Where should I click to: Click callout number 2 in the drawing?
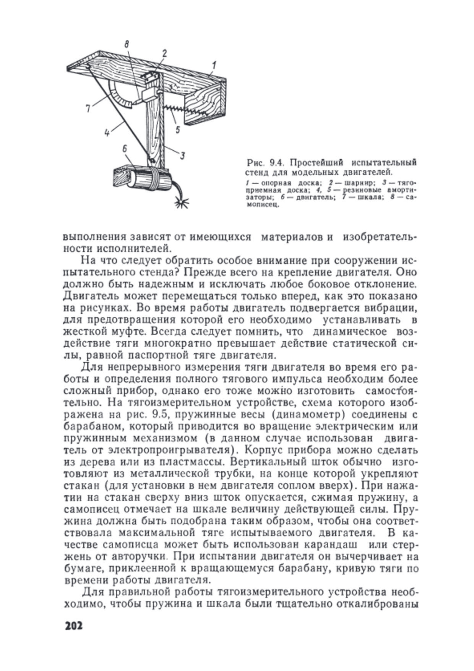(165, 54)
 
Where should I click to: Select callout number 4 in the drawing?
(107, 133)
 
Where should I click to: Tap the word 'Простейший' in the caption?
(317, 162)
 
